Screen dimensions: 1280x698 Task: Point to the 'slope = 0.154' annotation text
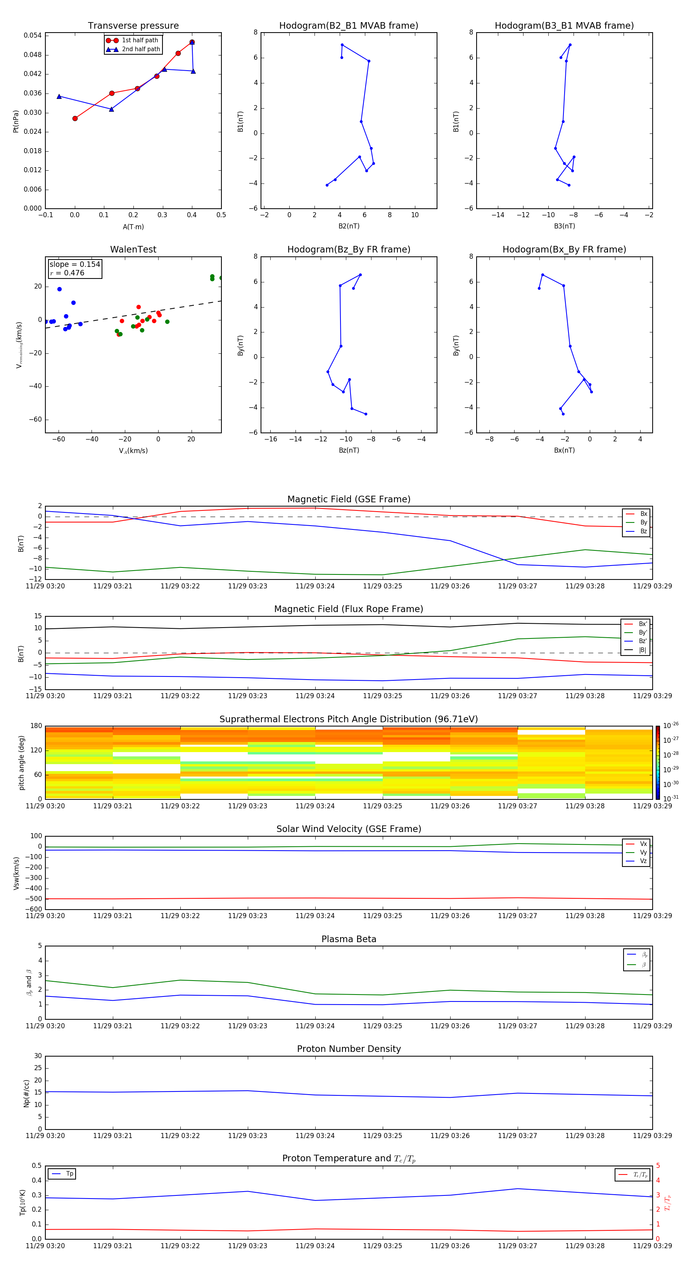74,265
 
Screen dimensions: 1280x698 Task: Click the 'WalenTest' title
133,249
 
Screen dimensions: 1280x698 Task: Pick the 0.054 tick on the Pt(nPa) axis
33,35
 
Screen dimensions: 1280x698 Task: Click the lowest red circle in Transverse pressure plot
75,118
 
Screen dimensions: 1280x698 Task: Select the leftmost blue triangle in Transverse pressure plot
59,97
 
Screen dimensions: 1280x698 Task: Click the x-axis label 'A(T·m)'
133,227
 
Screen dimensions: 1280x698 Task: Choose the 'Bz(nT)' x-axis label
349,450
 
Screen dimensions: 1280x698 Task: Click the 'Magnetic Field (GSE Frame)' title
349,499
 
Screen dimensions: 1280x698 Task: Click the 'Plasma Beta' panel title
349,939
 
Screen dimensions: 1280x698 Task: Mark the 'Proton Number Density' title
349,1049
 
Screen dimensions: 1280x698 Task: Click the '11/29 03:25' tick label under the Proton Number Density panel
382,1135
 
